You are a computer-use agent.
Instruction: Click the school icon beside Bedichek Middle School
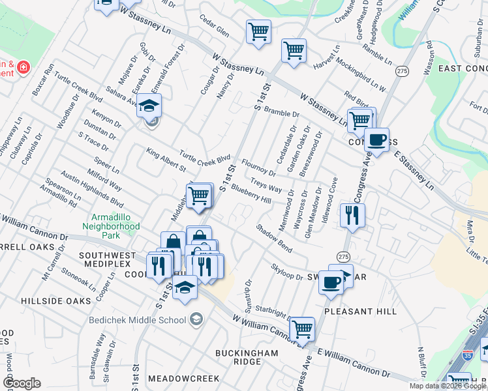[x=196, y=319]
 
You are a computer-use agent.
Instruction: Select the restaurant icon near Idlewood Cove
[x=352, y=215]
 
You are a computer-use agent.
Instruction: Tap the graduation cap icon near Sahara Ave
[x=149, y=106]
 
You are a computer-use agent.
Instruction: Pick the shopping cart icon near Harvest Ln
[x=294, y=50]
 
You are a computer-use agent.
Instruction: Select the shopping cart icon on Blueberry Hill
[x=198, y=195]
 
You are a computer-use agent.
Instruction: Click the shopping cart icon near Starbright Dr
[x=302, y=329]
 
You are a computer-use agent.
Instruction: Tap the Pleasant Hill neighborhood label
[x=360, y=311]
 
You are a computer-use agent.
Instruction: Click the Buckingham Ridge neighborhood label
[x=247, y=357]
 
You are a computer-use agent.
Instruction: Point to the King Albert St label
[x=166, y=160]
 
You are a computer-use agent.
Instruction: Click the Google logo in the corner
[x=22, y=383]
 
